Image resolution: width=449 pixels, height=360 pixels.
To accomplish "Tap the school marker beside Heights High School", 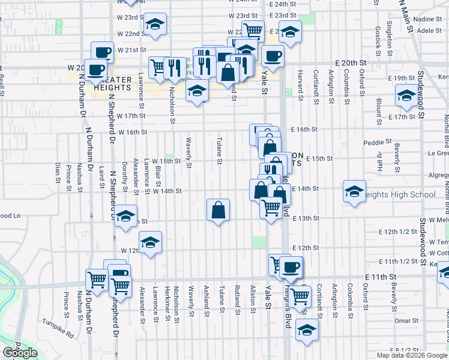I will tap(354, 192).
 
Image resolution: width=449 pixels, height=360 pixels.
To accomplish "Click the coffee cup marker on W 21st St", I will tap(102, 52).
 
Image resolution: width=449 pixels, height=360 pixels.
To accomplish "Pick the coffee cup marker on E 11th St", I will tap(291, 267).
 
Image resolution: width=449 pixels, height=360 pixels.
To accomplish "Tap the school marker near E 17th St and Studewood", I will tap(406, 95).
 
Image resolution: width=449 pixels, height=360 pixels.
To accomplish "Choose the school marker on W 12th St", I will tap(150, 242).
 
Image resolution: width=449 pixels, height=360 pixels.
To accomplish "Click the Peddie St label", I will tap(377, 143).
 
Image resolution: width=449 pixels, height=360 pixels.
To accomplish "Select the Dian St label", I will tap(58, 171).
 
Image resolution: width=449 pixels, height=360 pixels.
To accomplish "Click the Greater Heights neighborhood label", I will tap(113, 83).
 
